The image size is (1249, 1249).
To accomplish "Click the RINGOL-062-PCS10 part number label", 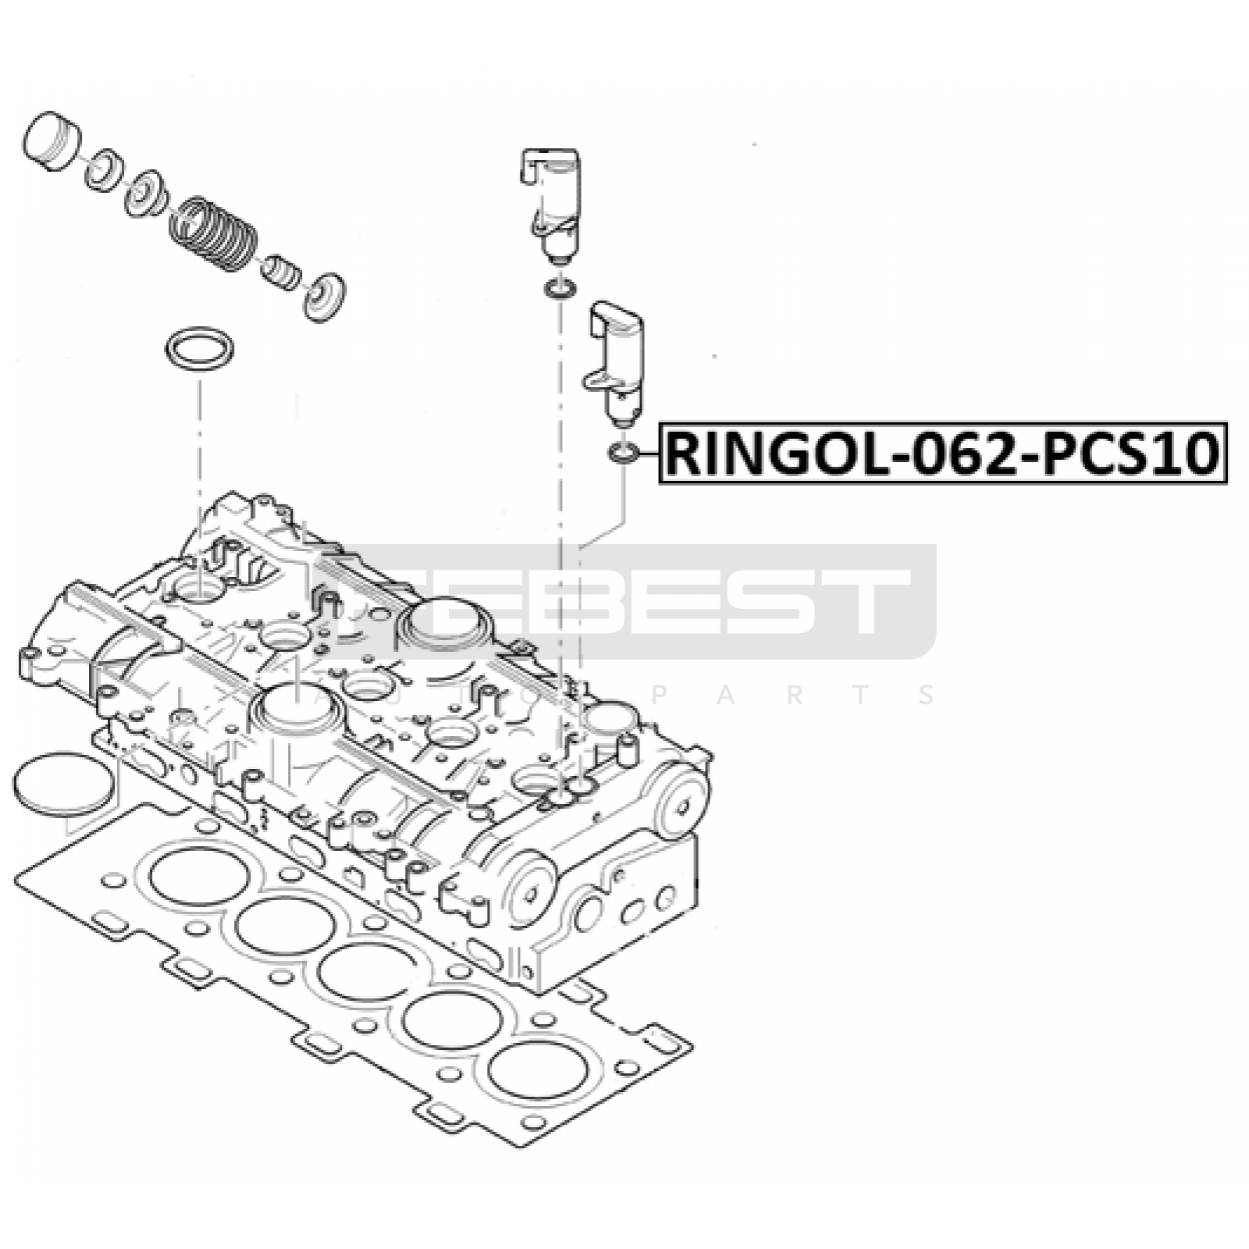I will coord(943,454).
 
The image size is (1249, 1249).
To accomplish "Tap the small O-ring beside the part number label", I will coord(623,452).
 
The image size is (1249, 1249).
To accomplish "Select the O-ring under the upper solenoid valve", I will coord(560,290).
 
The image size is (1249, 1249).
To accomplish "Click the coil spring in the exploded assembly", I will coord(212,234).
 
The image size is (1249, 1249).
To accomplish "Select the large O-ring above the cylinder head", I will coord(199,349).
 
